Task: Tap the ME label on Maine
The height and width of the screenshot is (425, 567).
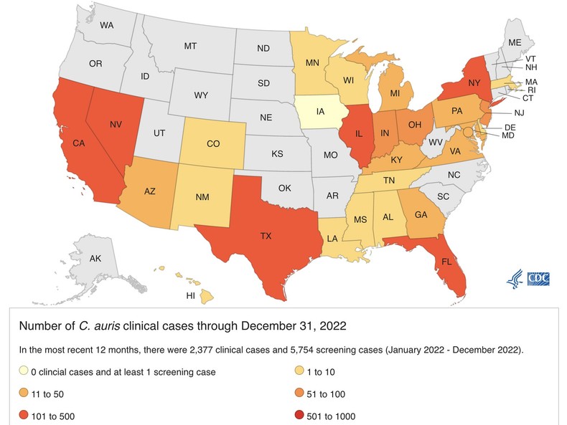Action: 514,43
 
